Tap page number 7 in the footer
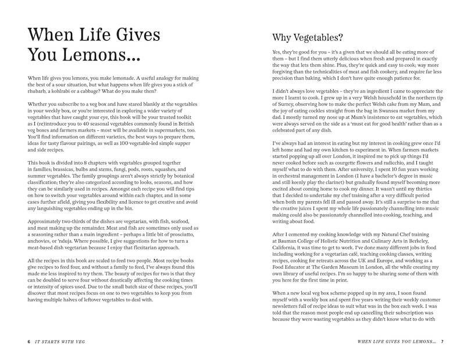[x=442, y=341]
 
